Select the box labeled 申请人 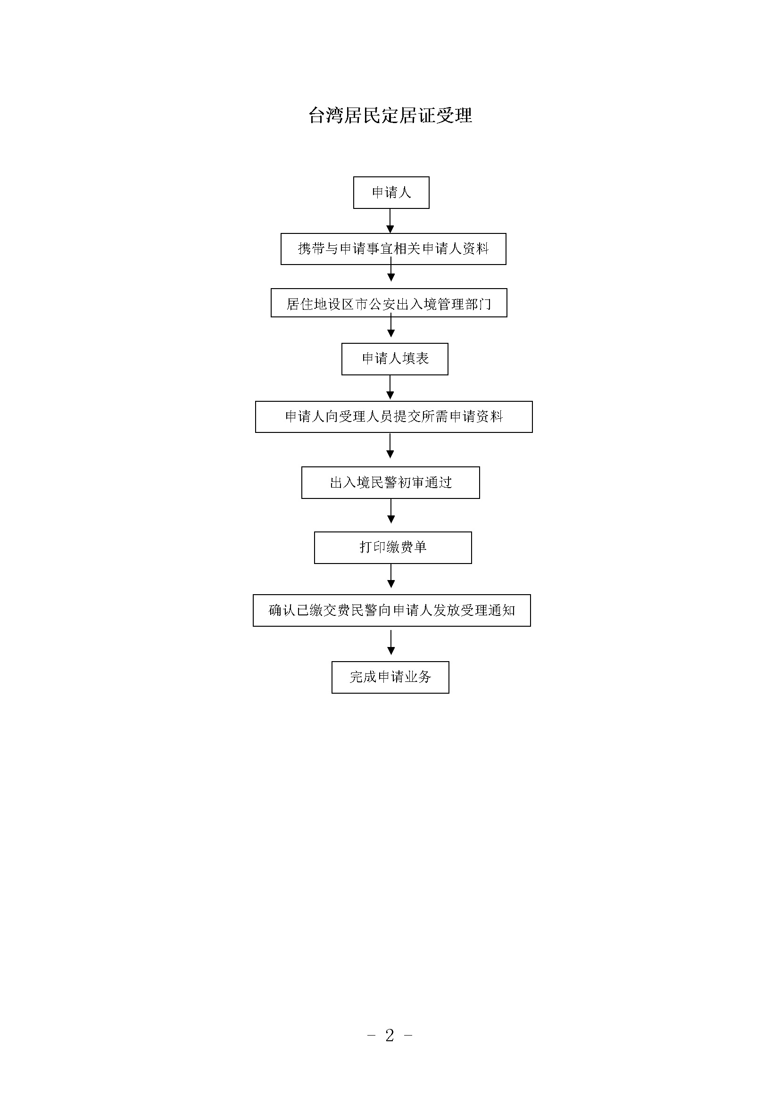[391, 193]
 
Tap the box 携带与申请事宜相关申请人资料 [393, 249]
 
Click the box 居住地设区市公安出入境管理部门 [389, 303]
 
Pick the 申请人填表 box [395, 359]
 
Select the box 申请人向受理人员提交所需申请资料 [394, 417]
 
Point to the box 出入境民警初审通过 [390, 483]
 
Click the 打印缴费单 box [393, 547]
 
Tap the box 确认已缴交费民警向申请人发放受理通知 [392, 611]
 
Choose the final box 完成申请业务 [390, 677]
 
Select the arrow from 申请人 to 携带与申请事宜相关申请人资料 [390, 221]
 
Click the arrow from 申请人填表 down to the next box [390, 387]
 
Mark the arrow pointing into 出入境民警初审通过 [390, 446]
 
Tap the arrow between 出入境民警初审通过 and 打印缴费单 [391, 511]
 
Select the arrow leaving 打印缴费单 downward [391, 576]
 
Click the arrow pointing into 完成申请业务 [391, 643]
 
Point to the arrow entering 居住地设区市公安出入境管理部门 [391, 270]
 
